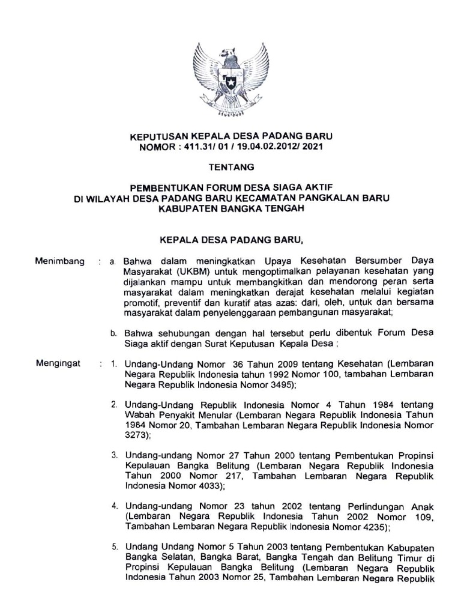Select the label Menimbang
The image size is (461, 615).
point(59,261)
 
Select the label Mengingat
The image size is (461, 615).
point(59,363)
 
